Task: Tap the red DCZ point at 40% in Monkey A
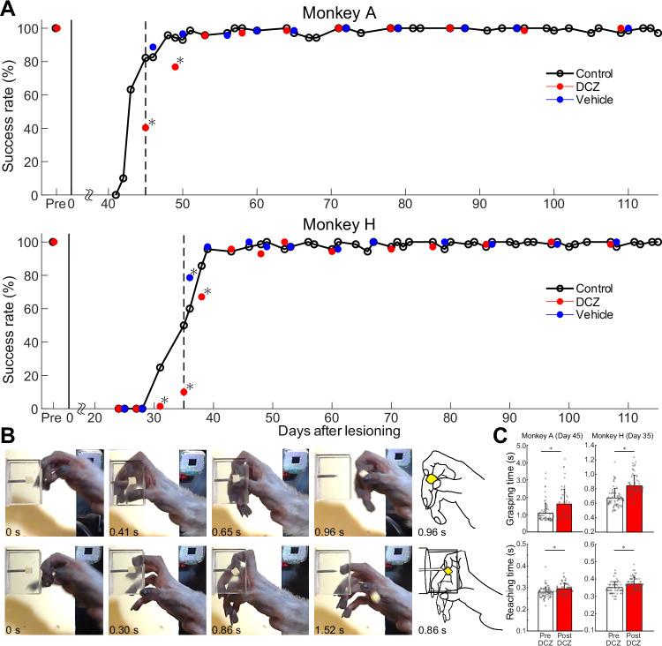pos(146,128)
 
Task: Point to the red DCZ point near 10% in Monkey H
pos(184,392)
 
